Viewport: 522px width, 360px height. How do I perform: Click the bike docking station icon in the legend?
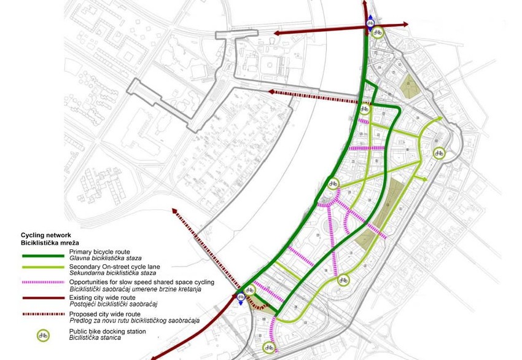[x=44, y=335]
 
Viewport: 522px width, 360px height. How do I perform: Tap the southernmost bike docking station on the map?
[x=268, y=348]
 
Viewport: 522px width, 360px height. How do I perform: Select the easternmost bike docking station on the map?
[x=438, y=152]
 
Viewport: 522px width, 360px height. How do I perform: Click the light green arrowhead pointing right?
[x=426, y=179]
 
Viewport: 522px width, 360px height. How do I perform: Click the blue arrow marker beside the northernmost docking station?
[x=370, y=22]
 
